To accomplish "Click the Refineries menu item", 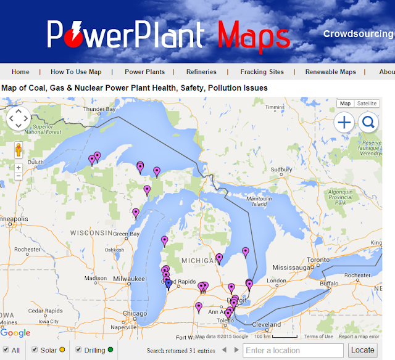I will click(201, 72).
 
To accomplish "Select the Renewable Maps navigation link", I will click(330, 72).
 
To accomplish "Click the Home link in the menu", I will click(20, 72).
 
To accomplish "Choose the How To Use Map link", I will click(76, 72).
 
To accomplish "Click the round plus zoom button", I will click(344, 123).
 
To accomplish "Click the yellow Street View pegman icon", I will click(19, 150).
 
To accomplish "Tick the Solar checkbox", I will click(35, 350).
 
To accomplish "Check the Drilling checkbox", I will click(79, 350).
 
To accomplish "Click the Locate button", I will click(362, 350).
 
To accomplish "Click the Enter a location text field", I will click(294, 350).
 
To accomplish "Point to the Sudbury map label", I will click(281, 170).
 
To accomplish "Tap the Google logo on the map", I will click(15, 333).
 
